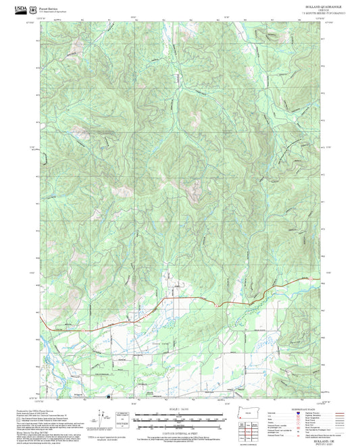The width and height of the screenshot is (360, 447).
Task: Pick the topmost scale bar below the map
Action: point(179,412)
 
